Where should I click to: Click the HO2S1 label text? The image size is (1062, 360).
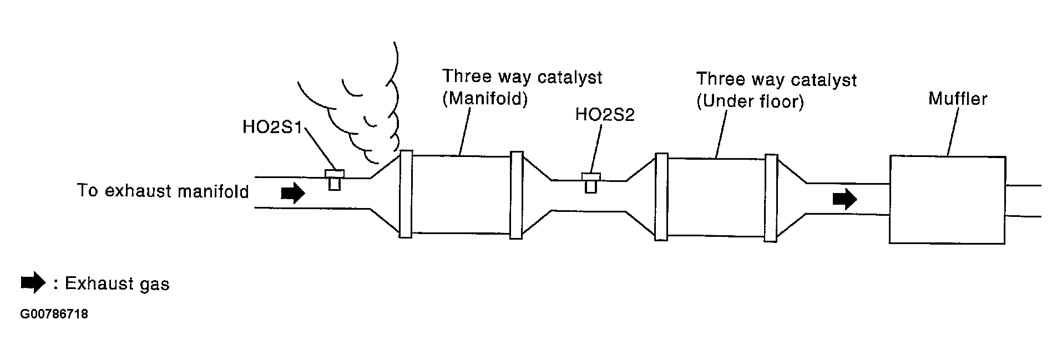(271, 127)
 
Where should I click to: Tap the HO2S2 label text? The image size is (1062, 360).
(604, 115)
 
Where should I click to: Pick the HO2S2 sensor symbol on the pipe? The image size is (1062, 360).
(591, 182)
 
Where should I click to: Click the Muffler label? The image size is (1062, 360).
(958, 99)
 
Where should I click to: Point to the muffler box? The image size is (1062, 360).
(947, 200)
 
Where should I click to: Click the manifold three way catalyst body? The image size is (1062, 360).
(461, 194)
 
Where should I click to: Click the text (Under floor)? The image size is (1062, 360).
(750, 102)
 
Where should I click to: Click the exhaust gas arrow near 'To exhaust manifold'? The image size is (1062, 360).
(292, 194)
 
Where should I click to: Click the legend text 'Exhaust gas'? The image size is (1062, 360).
(117, 284)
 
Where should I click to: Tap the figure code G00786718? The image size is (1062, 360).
(54, 315)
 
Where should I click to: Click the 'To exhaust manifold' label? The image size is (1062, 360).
(163, 191)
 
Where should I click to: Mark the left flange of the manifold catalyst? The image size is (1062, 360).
(406, 194)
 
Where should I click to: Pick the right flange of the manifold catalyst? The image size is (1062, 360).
(516, 195)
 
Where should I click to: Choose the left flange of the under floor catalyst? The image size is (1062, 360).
(661, 197)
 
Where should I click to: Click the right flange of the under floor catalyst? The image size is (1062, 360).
(771, 198)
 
